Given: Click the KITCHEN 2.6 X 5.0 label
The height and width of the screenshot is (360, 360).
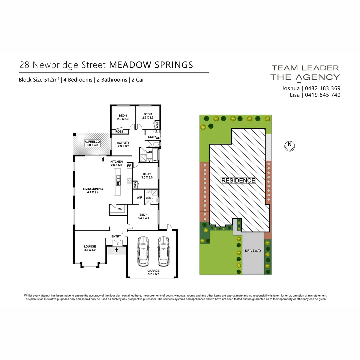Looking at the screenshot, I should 116,163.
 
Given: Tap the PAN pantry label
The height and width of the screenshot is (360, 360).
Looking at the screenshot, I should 119,209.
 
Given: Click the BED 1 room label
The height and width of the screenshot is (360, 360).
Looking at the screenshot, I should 143,216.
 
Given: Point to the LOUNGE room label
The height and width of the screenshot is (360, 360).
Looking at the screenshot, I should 90,248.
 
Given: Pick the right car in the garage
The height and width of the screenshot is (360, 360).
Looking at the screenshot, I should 164,251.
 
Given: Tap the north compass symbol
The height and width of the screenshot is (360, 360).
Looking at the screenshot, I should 290,146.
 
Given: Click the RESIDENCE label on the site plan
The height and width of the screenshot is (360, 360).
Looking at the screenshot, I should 238,180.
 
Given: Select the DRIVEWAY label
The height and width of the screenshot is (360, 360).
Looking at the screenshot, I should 253,250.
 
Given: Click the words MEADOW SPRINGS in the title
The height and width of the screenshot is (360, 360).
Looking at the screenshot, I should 151,65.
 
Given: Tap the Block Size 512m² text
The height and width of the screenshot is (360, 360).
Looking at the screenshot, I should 39,80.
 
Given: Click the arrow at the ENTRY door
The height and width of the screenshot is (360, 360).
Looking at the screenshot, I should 117,249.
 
